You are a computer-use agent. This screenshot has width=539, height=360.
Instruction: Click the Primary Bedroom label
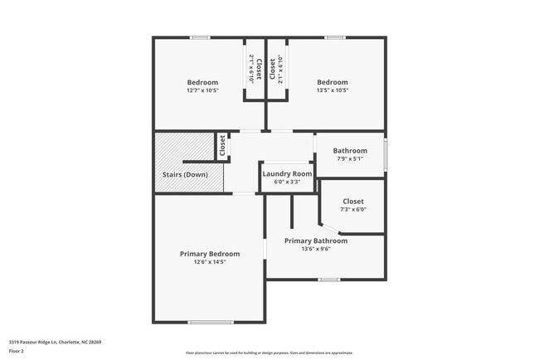point(210,254)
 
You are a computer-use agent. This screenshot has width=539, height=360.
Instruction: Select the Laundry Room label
point(287,173)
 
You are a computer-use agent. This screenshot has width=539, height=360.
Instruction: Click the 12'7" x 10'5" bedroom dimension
point(202,91)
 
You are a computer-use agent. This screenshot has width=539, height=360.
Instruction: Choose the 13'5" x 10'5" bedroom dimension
point(333,91)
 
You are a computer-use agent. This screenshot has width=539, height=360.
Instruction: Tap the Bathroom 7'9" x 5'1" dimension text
point(350,158)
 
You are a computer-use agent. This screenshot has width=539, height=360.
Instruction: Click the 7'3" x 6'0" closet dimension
point(352,210)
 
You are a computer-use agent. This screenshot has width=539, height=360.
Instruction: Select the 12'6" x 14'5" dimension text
point(210,262)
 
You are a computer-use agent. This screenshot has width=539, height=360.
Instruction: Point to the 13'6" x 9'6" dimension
point(316,249)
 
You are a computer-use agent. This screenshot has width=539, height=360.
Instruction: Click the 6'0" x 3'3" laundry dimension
point(287,182)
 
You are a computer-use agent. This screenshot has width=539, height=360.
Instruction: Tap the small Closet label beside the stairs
point(222,147)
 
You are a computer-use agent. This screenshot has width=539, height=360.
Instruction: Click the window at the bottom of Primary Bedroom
point(210,322)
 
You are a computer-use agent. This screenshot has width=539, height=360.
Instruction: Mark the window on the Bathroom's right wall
point(386,155)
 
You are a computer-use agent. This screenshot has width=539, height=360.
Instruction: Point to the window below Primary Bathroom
point(329,280)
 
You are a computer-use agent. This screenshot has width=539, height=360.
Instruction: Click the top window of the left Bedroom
point(199,37)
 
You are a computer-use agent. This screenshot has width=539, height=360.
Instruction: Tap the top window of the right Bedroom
point(334,37)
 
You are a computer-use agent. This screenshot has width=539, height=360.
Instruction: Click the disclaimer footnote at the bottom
point(269,353)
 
